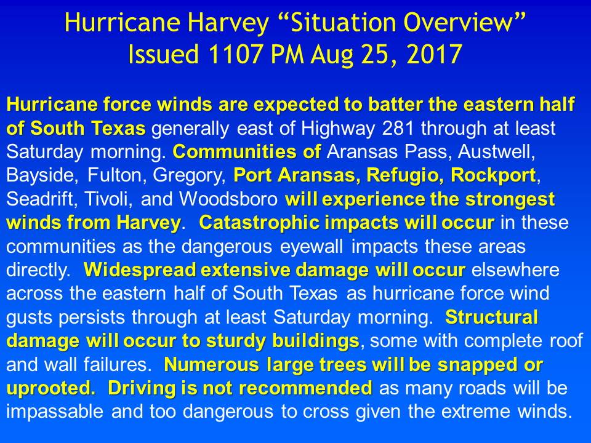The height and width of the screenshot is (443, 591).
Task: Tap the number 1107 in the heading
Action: (x=236, y=54)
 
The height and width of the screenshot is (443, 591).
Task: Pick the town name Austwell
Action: (x=496, y=152)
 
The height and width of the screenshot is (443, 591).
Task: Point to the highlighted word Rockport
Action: (x=493, y=175)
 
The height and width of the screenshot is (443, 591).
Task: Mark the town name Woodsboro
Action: (x=228, y=199)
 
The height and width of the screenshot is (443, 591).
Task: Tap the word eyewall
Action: (x=312, y=247)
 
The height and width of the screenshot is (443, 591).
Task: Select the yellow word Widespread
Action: (x=140, y=270)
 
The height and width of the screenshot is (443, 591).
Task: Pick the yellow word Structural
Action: (x=491, y=317)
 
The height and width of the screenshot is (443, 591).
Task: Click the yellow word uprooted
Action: (x=50, y=388)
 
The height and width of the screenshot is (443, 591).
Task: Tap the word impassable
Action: (x=55, y=412)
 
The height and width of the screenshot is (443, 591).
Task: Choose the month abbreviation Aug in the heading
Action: (x=332, y=55)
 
